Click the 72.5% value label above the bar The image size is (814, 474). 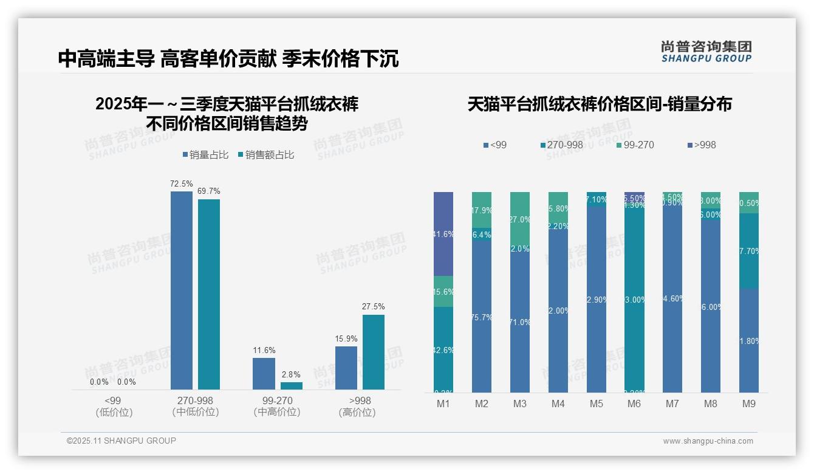182,184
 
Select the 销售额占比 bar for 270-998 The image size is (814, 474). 209,294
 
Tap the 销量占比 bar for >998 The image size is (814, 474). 346,368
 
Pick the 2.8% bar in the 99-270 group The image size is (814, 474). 292,385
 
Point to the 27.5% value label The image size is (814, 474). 373,307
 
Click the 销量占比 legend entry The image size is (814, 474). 205,155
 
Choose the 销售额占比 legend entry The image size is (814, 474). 266,155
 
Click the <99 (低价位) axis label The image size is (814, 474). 114,407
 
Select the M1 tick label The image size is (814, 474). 443,404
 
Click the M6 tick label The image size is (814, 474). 634,404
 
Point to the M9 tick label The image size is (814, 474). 749,404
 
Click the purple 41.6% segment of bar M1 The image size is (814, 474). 443,234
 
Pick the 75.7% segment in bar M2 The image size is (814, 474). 482,317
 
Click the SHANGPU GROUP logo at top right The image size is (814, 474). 706,52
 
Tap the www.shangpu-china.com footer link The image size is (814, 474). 708,441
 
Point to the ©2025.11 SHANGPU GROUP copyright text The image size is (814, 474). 121,441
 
